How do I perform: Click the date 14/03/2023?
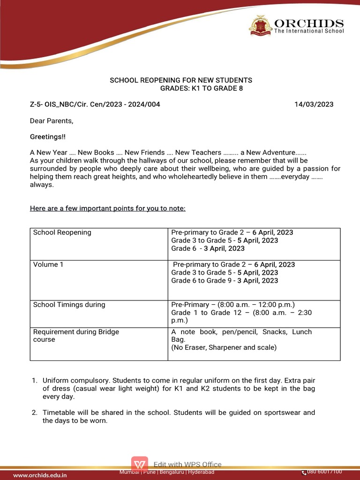(314, 104)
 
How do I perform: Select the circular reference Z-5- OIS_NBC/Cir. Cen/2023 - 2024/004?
(95, 104)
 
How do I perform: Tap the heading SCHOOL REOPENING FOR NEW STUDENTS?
(181, 80)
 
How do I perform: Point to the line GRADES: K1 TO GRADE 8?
(202, 88)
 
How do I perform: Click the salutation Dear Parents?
(52, 120)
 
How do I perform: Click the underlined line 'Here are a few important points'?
(107, 208)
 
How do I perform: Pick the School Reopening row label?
(62, 232)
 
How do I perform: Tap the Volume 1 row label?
(48, 264)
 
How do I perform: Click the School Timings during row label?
(69, 305)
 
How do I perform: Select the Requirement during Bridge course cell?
(76, 335)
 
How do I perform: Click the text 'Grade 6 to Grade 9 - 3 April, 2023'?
(225, 280)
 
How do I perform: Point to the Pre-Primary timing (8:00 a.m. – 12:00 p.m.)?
(233, 305)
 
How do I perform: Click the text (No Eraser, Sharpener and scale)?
(224, 347)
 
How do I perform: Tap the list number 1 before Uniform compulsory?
(34, 380)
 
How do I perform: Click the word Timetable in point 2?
(59, 412)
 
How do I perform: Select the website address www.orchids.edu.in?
(40, 475)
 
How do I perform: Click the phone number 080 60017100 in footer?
(324, 472)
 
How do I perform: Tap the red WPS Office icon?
(140, 465)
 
